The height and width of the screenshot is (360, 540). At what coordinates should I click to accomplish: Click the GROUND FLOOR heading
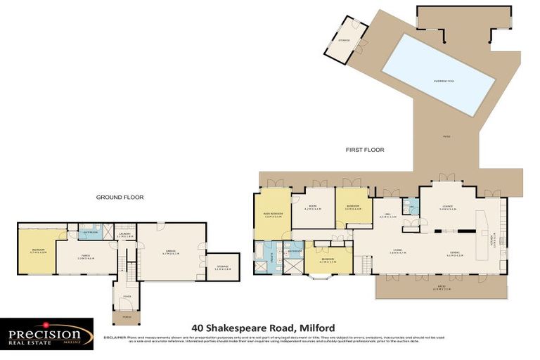click(120, 198)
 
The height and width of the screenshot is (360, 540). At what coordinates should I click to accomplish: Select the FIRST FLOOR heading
click(364, 150)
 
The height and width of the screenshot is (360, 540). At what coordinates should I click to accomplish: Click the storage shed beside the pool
click(345, 41)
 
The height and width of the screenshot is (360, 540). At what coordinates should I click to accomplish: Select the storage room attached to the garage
click(222, 266)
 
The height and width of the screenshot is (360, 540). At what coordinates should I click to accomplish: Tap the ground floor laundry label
click(124, 236)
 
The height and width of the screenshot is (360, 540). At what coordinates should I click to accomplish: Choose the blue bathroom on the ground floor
click(89, 231)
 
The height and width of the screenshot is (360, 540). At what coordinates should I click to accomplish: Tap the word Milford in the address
click(317, 328)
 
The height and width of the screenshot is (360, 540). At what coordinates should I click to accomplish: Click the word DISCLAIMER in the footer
click(115, 337)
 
